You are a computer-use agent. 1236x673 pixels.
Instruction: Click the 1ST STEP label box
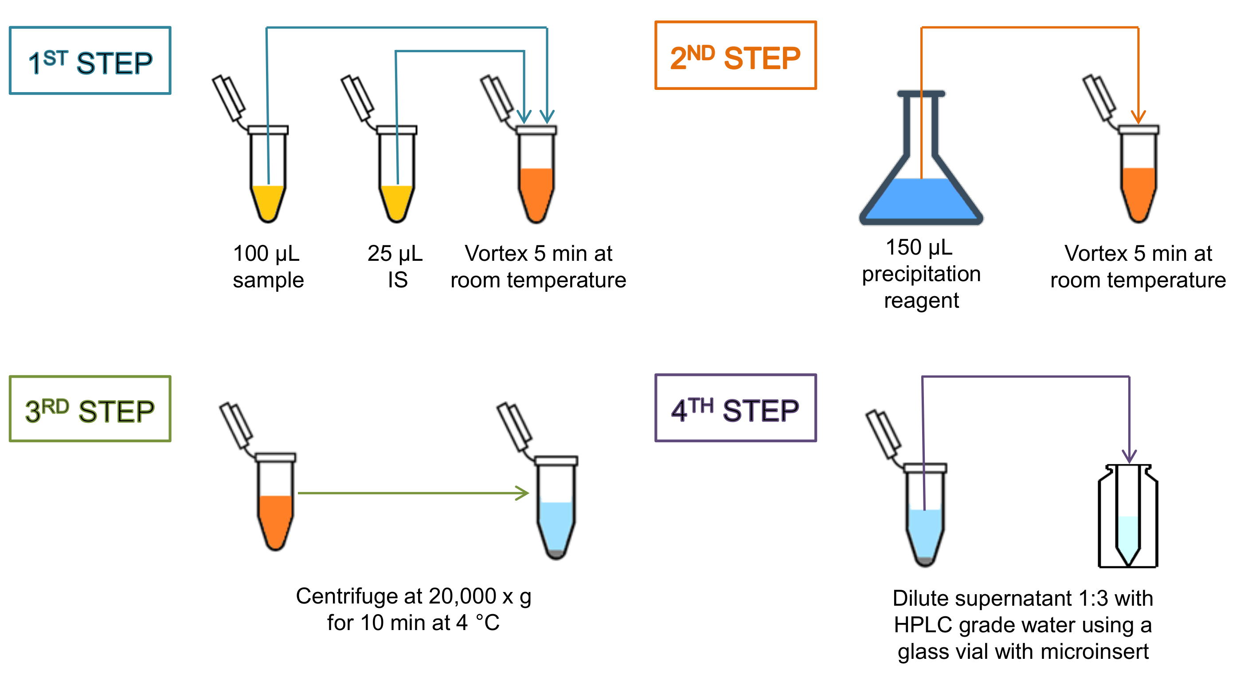click(90, 61)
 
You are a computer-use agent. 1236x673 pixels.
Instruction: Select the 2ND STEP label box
click(735, 56)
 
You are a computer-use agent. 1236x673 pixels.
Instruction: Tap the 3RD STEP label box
click(90, 409)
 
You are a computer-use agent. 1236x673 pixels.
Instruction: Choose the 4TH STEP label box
click(735, 408)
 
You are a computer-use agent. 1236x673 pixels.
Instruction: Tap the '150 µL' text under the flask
click(919, 248)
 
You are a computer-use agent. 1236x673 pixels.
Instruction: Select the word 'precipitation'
click(921, 274)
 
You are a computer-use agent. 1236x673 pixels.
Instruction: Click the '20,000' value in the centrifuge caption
click(462, 596)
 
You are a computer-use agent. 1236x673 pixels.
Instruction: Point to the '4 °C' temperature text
click(478, 623)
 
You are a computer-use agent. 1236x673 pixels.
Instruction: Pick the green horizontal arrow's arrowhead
click(523, 493)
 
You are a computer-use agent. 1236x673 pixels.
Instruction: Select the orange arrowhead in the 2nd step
click(1138, 116)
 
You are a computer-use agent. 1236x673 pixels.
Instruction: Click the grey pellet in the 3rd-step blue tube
click(556, 553)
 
